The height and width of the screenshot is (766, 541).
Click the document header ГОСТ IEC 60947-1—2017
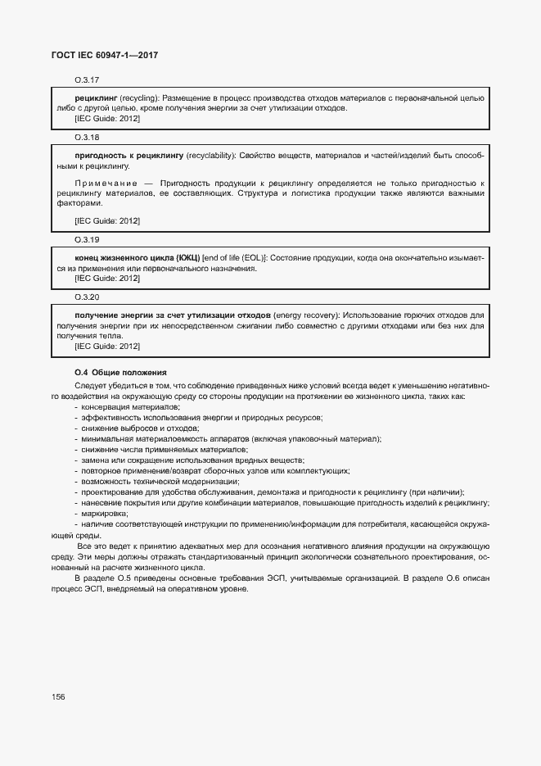click(106, 55)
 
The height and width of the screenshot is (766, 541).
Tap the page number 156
click(58, 696)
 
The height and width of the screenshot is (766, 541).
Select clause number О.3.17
click(87, 80)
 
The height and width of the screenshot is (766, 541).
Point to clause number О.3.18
click(87, 137)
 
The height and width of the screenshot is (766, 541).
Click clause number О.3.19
click(87, 240)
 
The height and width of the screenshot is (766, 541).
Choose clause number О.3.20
click(87, 297)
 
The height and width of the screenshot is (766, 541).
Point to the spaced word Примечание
click(106, 182)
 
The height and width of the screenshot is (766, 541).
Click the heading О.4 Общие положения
click(120, 372)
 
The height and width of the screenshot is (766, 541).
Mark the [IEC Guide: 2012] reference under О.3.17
click(106, 119)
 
